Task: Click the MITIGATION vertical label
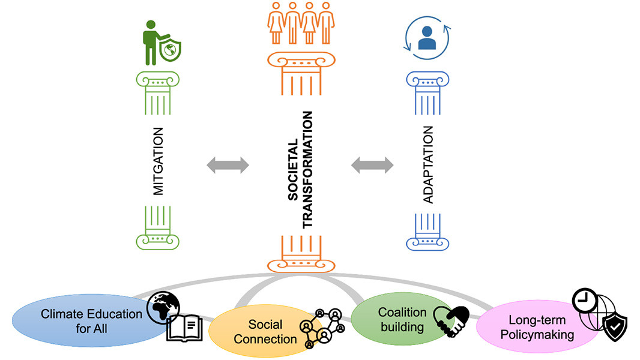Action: pos(158,161)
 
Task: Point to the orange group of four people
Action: pos(300,23)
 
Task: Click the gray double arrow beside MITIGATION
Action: pos(228,165)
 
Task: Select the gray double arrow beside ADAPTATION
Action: pos(372,165)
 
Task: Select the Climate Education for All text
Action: pos(91,320)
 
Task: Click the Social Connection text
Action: pos(265,332)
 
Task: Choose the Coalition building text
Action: pos(402,319)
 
